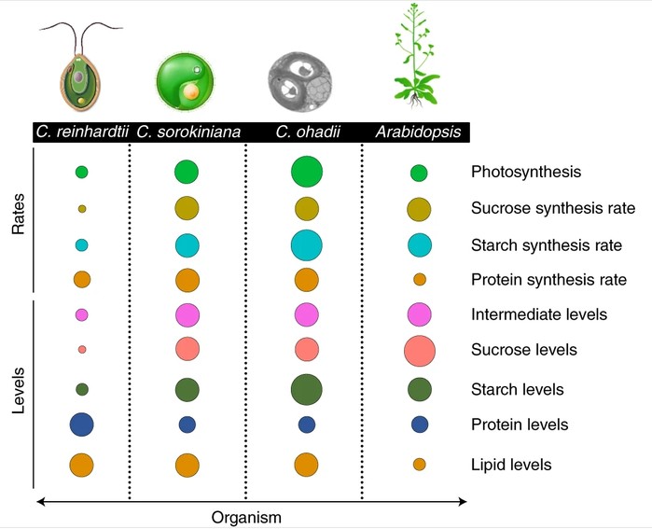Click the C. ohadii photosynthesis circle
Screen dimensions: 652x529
click(x=307, y=172)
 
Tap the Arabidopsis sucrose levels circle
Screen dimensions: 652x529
click(x=420, y=351)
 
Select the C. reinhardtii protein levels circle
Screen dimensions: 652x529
click(x=81, y=425)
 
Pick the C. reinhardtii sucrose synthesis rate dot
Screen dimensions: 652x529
click(x=82, y=209)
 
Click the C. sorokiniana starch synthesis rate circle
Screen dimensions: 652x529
click(x=187, y=245)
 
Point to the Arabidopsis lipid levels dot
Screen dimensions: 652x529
click(x=420, y=465)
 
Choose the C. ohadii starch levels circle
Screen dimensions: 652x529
click(x=307, y=390)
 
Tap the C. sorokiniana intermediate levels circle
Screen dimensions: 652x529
click(x=187, y=314)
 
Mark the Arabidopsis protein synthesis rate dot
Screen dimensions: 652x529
click(x=420, y=280)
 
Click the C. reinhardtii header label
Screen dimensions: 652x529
click(x=82, y=132)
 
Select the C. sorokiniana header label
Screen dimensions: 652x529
click(x=188, y=132)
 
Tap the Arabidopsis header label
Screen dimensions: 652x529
click(x=418, y=132)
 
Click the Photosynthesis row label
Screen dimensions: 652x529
click(x=526, y=172)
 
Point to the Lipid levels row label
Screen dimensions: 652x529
click(x=511, y=465)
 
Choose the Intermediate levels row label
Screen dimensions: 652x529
click(x=539, y=314)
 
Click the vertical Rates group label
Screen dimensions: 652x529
click(x=19, y=214)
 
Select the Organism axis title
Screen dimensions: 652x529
click(x=246, y=518)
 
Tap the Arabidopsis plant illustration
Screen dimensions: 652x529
click(x=417, y=56)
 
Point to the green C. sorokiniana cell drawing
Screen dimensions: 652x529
click(x=185, y=81)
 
